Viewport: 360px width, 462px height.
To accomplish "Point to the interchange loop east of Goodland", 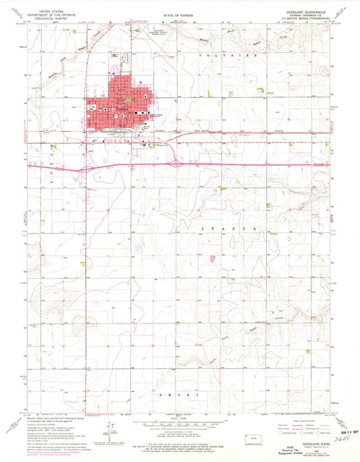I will click(174, 161).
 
